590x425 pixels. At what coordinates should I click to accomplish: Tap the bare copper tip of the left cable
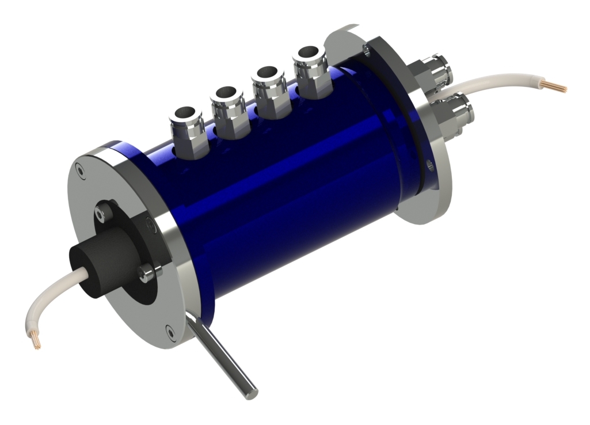coord(36,341)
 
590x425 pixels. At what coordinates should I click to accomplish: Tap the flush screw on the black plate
coord(151,225)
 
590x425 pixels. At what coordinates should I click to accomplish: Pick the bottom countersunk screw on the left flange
coord(169,330)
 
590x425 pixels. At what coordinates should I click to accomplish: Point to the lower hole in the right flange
coord(429,168)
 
